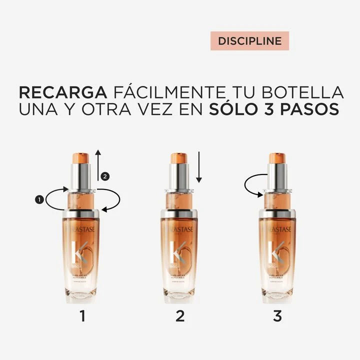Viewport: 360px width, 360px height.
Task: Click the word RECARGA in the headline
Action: point(62,92)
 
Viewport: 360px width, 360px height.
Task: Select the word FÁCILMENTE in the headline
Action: point(168,92)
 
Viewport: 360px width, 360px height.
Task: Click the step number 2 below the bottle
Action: point(180,315)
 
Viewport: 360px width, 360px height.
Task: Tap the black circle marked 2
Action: point(104,176)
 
